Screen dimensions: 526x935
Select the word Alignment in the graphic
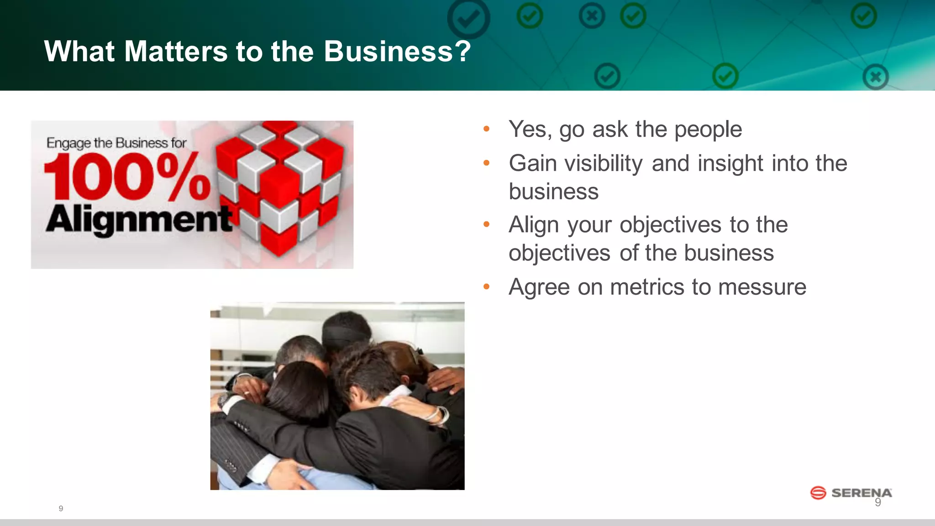click(x=139, y=220)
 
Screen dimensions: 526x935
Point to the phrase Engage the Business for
click(x=116, y=143)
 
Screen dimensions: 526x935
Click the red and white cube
click(x=279, y=187)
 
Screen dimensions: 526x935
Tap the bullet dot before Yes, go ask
click(x=486, y=129)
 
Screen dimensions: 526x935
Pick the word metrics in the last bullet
click(x=647, y=287)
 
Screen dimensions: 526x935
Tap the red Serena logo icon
click(x=818, y=493)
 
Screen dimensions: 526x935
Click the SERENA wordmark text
click(x=861, y=493)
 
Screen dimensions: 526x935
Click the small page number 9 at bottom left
click(x=61, y=509)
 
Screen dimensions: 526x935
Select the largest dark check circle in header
click(x=468, y=18)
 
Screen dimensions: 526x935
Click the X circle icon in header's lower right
click(x=875, y=77)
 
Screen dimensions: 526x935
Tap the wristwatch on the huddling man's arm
click(x=223, y=400)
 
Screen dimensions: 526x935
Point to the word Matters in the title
click(x=176, y=51)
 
